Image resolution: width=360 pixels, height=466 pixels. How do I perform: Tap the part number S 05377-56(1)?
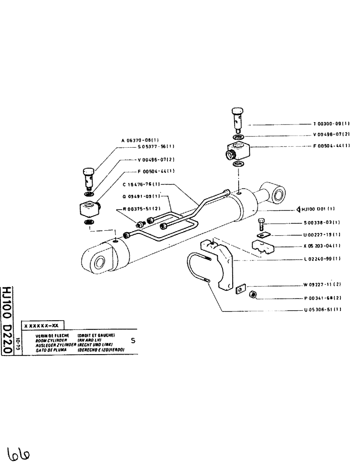[157, 147]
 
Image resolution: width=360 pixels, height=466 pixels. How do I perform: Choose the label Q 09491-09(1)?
[142, 196]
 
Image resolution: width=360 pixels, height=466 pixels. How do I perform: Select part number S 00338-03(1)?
[321, 223]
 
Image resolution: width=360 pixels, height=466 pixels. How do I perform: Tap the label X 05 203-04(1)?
[321, 246]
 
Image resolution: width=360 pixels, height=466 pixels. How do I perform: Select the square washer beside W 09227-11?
[240, 289]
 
